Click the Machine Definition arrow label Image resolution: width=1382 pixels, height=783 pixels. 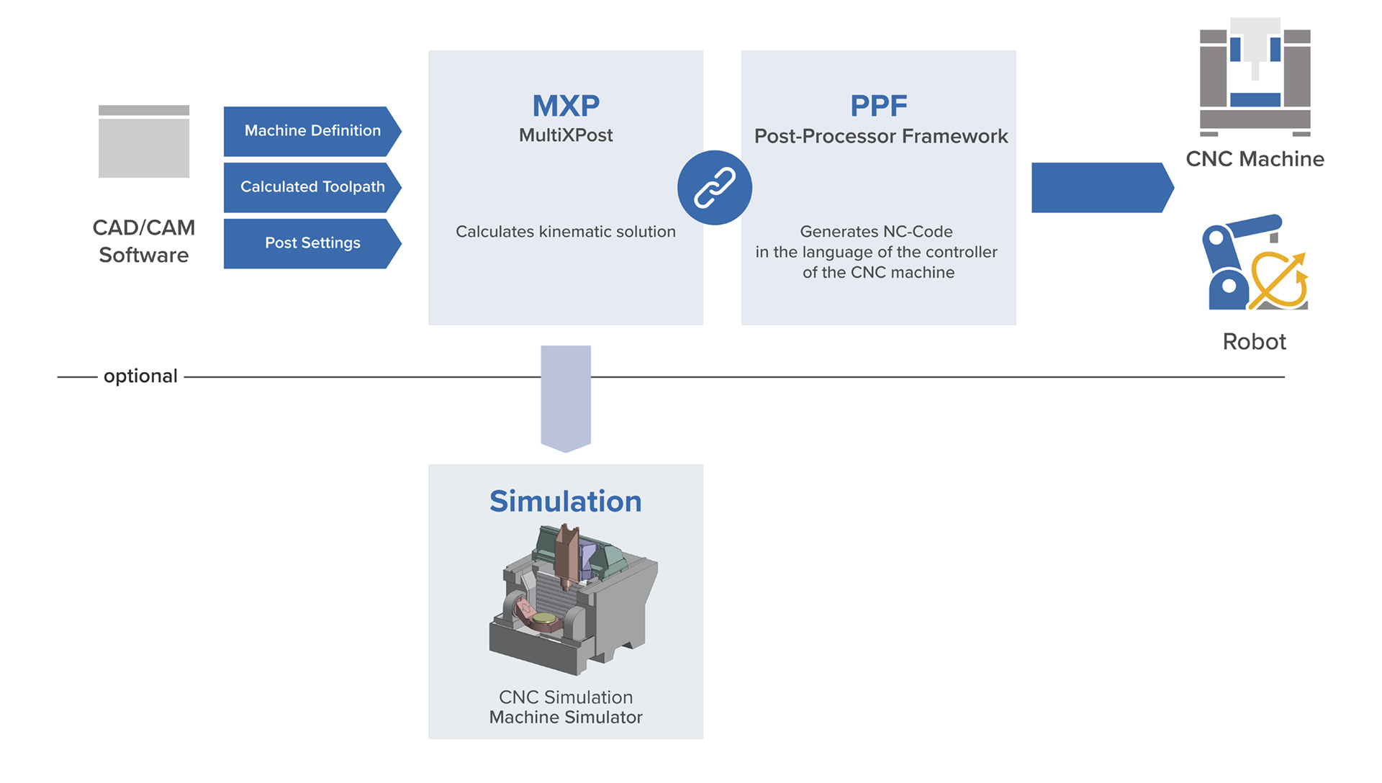[x=312, y=131]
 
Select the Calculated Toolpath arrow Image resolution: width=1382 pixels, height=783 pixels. [x=312, y=187]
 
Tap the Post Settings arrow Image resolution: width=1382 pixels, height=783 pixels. [x=312, y=243]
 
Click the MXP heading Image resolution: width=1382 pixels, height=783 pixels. [x=566, y=106]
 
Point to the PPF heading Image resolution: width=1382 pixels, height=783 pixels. [x=878, y=106]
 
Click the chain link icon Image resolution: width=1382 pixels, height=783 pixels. [x=715, y=188]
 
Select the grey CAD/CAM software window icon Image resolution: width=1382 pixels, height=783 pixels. [x=144, y=142]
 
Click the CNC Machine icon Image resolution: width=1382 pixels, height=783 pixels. [x=1255, y=78]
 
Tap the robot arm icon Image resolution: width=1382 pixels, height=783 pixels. [x=1255, y=263]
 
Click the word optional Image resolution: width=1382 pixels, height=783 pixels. [x=140, y=376]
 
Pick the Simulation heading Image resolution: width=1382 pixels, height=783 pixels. [x=566, y=502]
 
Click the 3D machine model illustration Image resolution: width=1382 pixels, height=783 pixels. [x=572, y=599]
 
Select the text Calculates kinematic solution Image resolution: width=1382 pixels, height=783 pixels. [x=566, y=232]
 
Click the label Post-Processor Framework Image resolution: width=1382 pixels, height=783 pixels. [x=881, y=136]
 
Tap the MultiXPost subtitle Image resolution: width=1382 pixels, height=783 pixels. [x=566, y=135]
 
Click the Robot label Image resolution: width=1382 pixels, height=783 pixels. [x=1254, y=342]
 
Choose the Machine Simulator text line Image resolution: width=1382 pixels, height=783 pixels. [x=566, y=718]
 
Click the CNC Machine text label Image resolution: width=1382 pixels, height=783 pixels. [x=1255, y=159]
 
